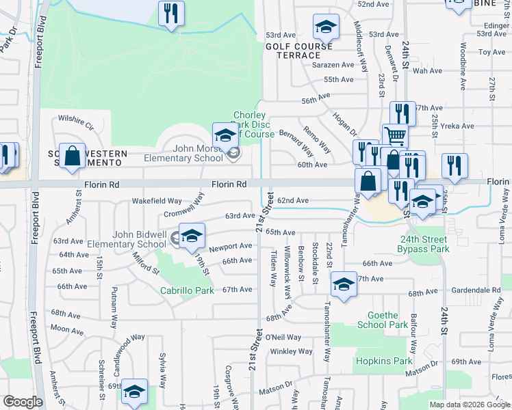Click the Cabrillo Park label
tap(187, 290)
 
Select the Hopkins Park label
tap(383, 361)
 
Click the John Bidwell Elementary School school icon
tap(193, 235)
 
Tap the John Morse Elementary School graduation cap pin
tap(225, 135)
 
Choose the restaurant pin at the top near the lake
tap(171, 14)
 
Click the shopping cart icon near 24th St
tap(395, 135)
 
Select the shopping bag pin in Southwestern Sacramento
tap(72, 156)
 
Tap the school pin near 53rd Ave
tap(327, 27)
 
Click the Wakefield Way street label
tap(157, 202)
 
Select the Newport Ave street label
tap(231, 247)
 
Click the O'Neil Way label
tap(283, 337)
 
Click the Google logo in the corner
tap(23, 402)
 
